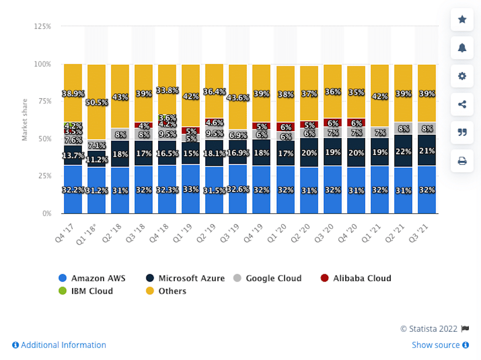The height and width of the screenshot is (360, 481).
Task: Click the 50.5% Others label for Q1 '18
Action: (96, 103)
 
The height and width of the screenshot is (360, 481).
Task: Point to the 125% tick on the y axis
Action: (43, 26)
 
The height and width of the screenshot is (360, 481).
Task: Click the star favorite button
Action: (462, 20)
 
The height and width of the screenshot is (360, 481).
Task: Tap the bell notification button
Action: (462, 48)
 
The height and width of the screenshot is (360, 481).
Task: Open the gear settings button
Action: (462, 76)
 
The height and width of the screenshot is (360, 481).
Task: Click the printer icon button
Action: (462, 160)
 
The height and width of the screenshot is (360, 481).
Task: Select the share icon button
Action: (462, 104)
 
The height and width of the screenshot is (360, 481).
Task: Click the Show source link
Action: (440, 345)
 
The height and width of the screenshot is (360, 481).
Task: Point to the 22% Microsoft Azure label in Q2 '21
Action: (403, 152)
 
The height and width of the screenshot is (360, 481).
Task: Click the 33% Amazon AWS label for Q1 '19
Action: (191, 190)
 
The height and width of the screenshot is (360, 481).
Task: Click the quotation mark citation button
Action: (462, 132)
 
